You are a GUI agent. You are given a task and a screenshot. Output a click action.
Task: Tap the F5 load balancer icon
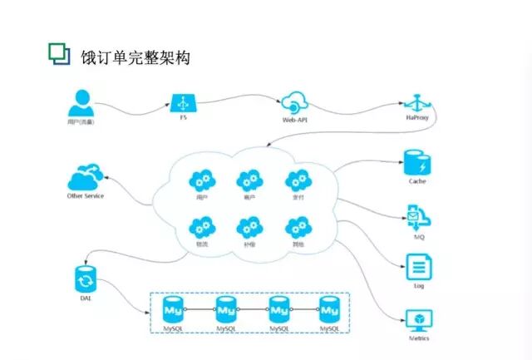(x=184, y=102)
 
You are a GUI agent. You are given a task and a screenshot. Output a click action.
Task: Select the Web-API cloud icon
(x=295, y=104)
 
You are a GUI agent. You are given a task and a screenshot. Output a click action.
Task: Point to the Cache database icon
(x=416, y=161)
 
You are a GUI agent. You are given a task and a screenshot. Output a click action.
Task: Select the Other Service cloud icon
(x=86, y=178)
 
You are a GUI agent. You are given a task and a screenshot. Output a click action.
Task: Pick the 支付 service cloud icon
(x=297, y=180)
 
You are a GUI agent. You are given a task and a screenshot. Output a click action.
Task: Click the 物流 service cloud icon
(x=200, y=226)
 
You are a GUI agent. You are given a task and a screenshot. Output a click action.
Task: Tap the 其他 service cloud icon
(x=297, y=226)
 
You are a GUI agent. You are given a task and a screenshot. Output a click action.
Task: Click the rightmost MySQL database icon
(x=330, y=310)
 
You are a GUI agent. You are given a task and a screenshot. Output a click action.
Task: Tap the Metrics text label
(x=418, y=337)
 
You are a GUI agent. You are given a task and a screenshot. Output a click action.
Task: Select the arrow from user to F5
(x=133, y=103)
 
